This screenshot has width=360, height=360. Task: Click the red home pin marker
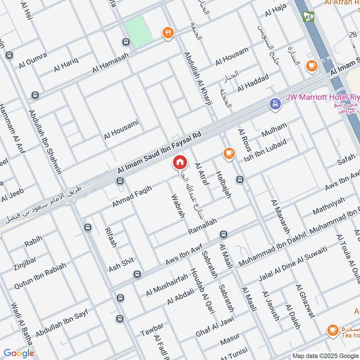point(180,162)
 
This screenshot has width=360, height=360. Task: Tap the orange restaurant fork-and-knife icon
point(167,32)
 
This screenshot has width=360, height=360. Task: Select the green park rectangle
point(139,29)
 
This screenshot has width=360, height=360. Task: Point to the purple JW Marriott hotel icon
point(274,104)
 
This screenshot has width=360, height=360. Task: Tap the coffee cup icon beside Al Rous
point(229,154)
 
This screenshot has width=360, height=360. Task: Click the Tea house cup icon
point(333,330)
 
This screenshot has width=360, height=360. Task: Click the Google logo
point(19,353)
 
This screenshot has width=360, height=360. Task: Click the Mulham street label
point(274,130)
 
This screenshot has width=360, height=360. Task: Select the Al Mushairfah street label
point(167,285)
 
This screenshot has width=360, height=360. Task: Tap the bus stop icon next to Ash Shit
point(137,274)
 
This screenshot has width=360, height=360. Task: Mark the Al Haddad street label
point(253,81)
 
